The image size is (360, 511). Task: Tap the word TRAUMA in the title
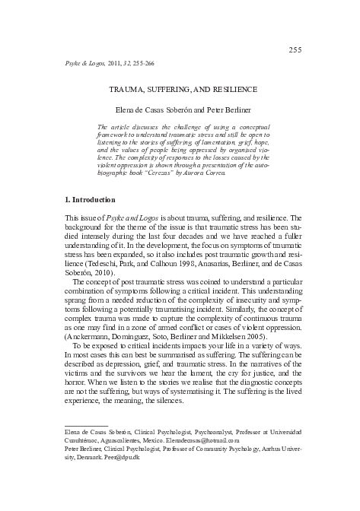129,88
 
